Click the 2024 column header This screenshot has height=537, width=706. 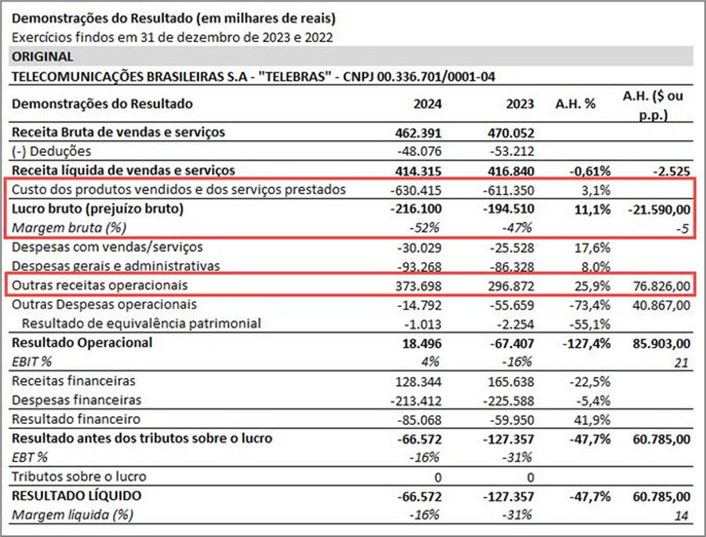pos(427,104)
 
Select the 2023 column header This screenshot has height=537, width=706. pos(520,104)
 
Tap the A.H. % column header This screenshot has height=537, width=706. pos(576,104)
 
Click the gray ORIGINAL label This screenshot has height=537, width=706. pos(42,56)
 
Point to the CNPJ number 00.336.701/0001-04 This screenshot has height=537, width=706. pos(436,76)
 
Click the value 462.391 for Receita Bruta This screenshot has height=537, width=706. pos(418,134)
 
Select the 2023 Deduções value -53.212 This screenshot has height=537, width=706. pos(512,151)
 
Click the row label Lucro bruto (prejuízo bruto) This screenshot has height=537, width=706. pos(98,208)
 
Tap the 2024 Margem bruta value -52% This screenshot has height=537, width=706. pos(424,228)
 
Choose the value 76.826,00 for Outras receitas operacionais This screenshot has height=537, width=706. pos(661,286)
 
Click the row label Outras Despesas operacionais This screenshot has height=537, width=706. pos(104,305)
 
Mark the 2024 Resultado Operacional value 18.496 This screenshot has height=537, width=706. pos(422,344)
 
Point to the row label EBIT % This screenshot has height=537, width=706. pos(32,361)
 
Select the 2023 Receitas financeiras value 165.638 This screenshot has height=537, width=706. pos(511,382)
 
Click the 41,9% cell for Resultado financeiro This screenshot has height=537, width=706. pos(592,420)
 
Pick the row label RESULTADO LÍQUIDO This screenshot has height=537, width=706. pos(76,496)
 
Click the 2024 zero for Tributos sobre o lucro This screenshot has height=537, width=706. pos(437,477)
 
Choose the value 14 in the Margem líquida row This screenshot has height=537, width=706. pos(681,516)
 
